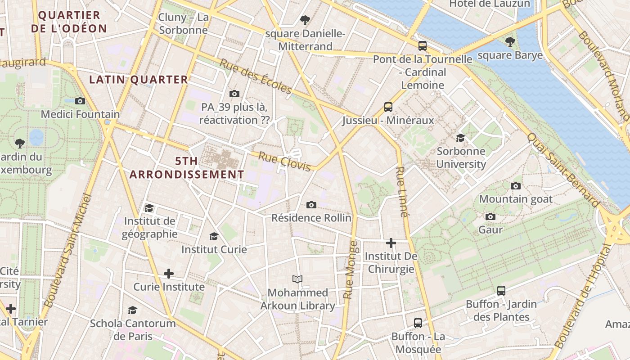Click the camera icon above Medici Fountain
tap(80, 101)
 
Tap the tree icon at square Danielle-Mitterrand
tap(305, 20)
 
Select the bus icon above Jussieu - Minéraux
tap(388, 107)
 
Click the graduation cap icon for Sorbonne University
tap(460, 138)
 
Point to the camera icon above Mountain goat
tap(516, 186)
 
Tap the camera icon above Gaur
tap(490, 216)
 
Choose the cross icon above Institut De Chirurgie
tap(391, 243)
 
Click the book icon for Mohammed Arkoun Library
tap(297, 279)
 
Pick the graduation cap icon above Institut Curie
tap(214, 236)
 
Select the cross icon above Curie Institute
tap(169, 274)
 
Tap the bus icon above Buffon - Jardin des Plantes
tap(501, 291)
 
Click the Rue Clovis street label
tap(285, 162)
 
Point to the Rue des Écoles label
tap(256, 76)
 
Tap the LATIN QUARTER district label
tap(139, 80)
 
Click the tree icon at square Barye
tap(510, 42)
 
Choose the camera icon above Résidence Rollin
tap(311, 205)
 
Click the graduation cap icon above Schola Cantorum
tap(132, 310)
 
